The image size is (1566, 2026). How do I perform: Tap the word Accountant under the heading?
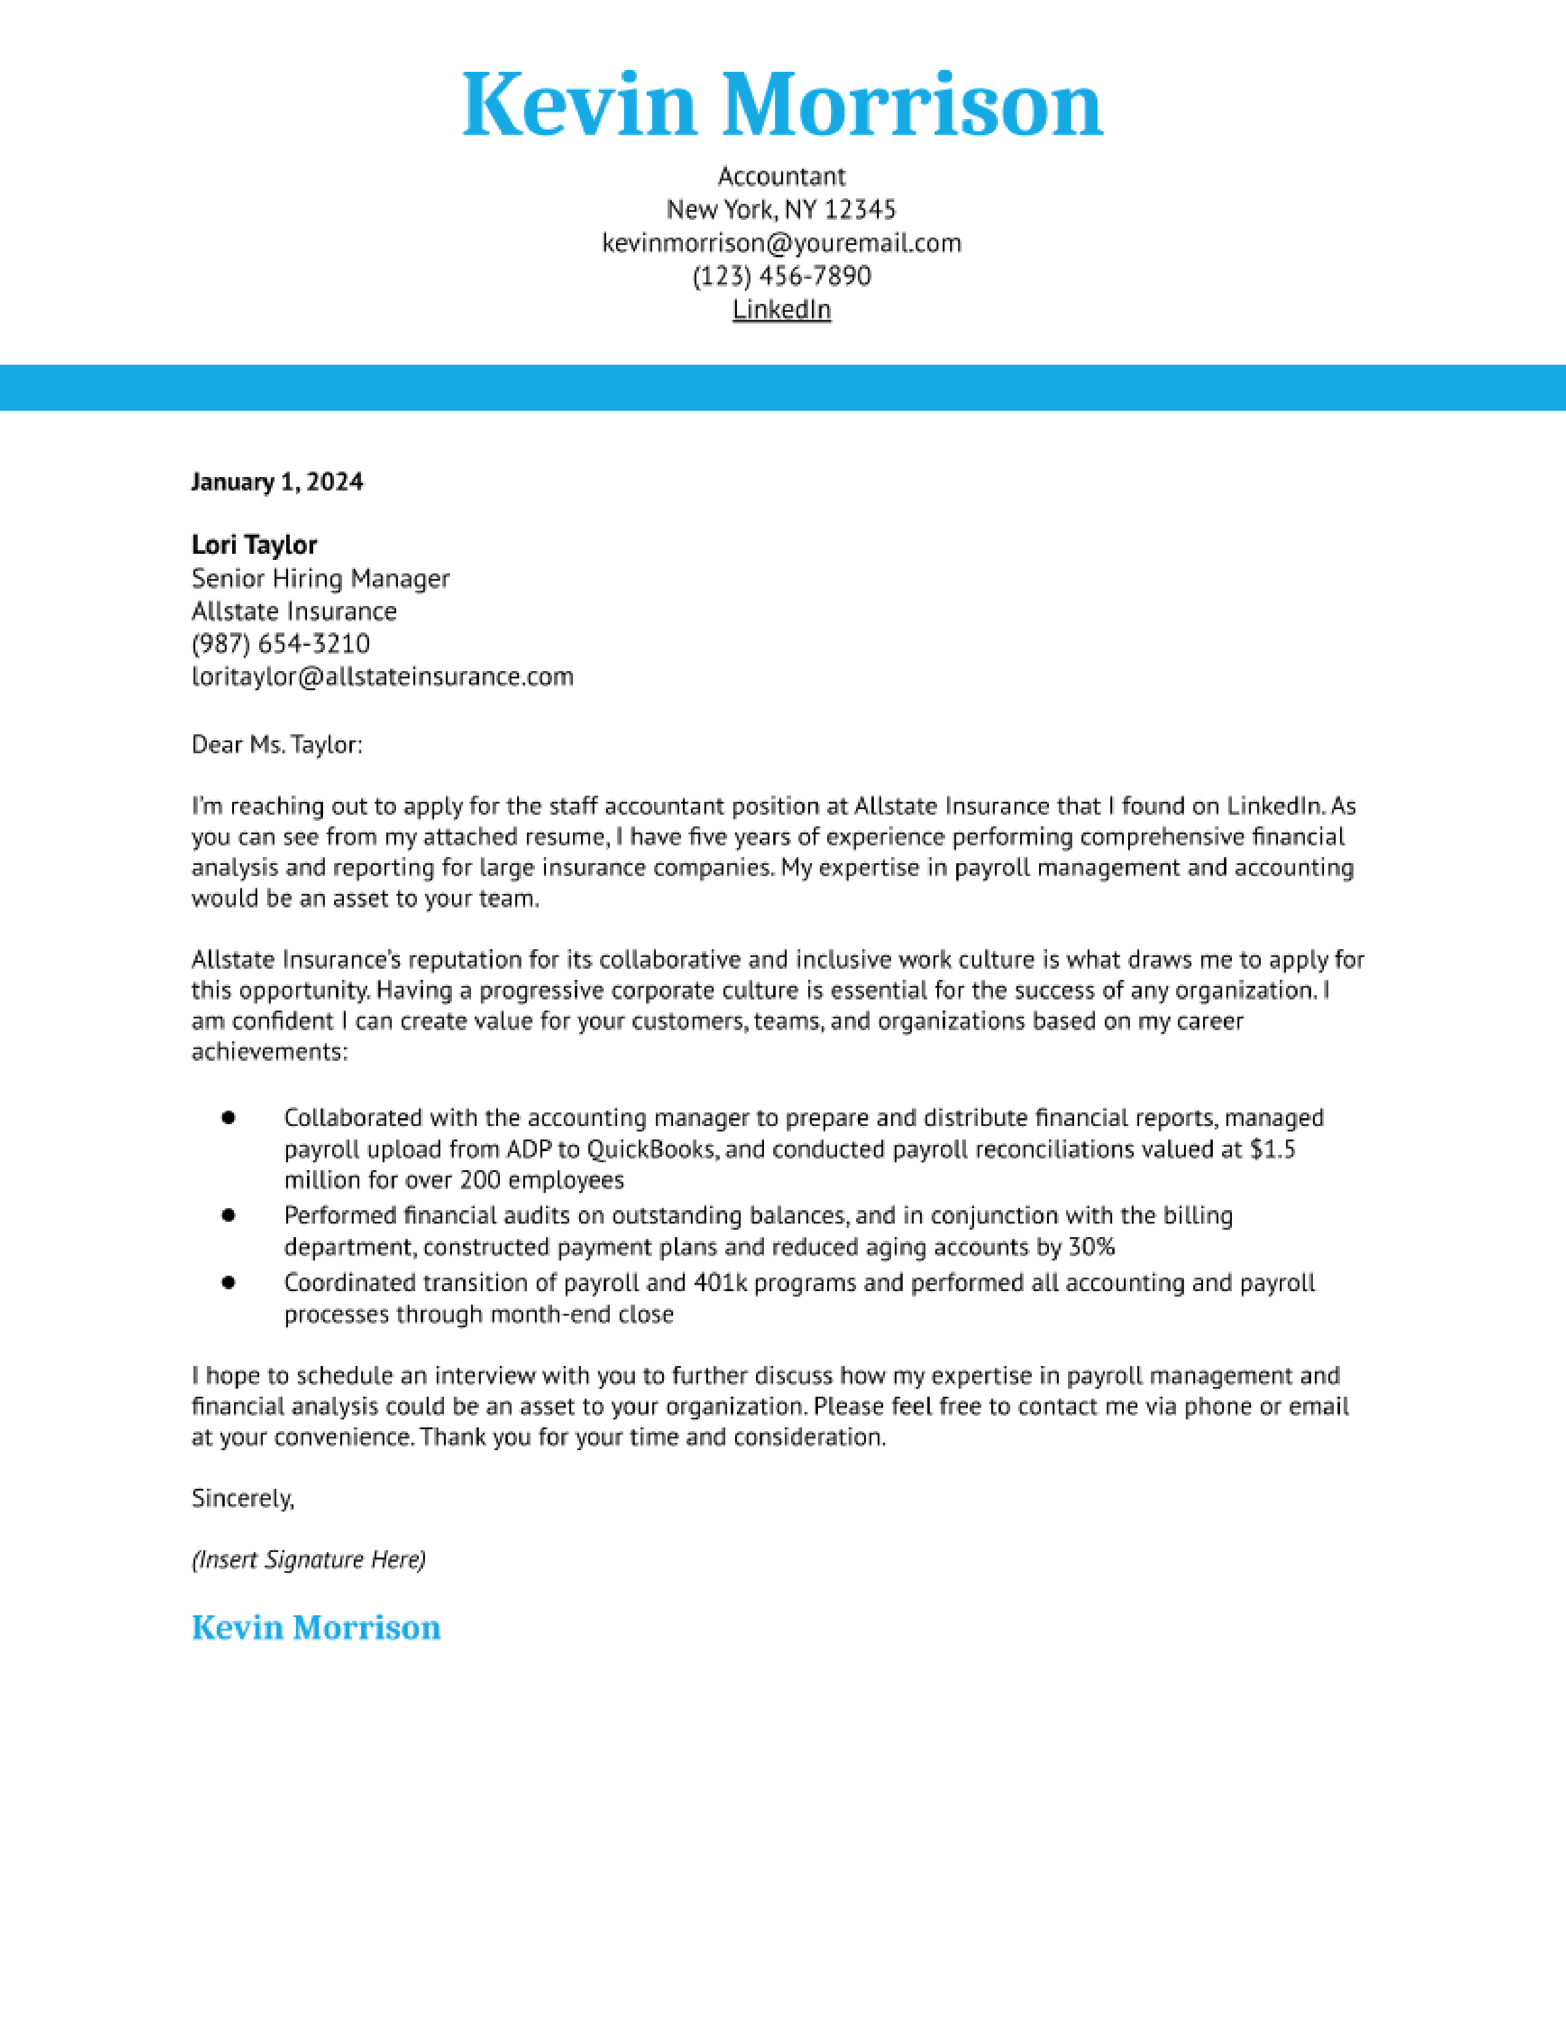point(781,176)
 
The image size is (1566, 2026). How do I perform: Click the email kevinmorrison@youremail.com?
point(781,243)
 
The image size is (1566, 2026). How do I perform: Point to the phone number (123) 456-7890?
point(781,276)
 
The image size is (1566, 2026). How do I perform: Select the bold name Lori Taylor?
point(254,545)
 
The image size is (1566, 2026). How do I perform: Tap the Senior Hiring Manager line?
point(320,579)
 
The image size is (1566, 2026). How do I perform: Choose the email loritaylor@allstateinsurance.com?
point(382,677)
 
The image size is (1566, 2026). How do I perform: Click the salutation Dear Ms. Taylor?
point(276,745)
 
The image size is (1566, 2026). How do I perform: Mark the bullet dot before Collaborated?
point(228,1118)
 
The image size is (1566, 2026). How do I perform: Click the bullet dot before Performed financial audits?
point(228,1215)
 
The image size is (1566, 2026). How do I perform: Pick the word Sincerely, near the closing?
point(242,1498)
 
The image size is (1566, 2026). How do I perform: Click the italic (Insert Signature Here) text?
point(308,1559)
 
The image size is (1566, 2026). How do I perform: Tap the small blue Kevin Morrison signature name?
point(316,1628)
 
